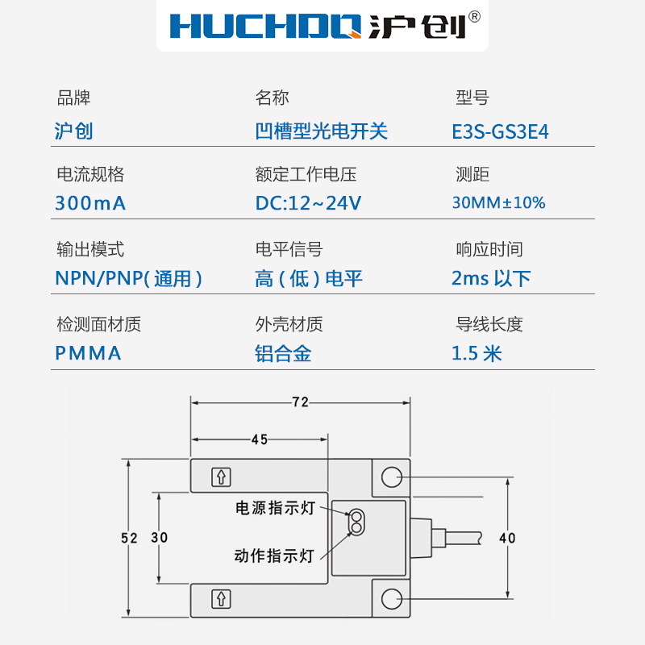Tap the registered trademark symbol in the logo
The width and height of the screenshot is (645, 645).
tap(475, 16)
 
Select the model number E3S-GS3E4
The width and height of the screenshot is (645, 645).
tap(501, 131)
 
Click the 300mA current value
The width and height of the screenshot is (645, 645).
tap(90, 203)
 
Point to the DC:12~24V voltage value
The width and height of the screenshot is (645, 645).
tap(308, 203)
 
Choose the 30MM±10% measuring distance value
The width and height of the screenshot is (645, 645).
tap(498, 203)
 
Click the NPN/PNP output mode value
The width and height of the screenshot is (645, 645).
tap(128, 279)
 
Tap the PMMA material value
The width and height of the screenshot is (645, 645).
tap(88, 353)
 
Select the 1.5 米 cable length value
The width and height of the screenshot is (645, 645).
tap(476, 353)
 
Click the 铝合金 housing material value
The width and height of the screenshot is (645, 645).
tap(283, 353)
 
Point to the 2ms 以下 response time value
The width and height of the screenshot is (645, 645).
tap(490, 279)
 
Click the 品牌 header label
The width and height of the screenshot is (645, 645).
tap(73, 98)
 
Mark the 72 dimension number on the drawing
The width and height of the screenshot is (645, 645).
tap(299, 401)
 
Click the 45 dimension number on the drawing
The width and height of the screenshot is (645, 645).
tap(259, 439)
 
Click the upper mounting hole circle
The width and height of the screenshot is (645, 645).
tap(392, 476)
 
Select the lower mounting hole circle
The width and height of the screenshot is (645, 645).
tap(392, 599)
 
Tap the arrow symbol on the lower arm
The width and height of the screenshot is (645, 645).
tap(220, 599)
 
